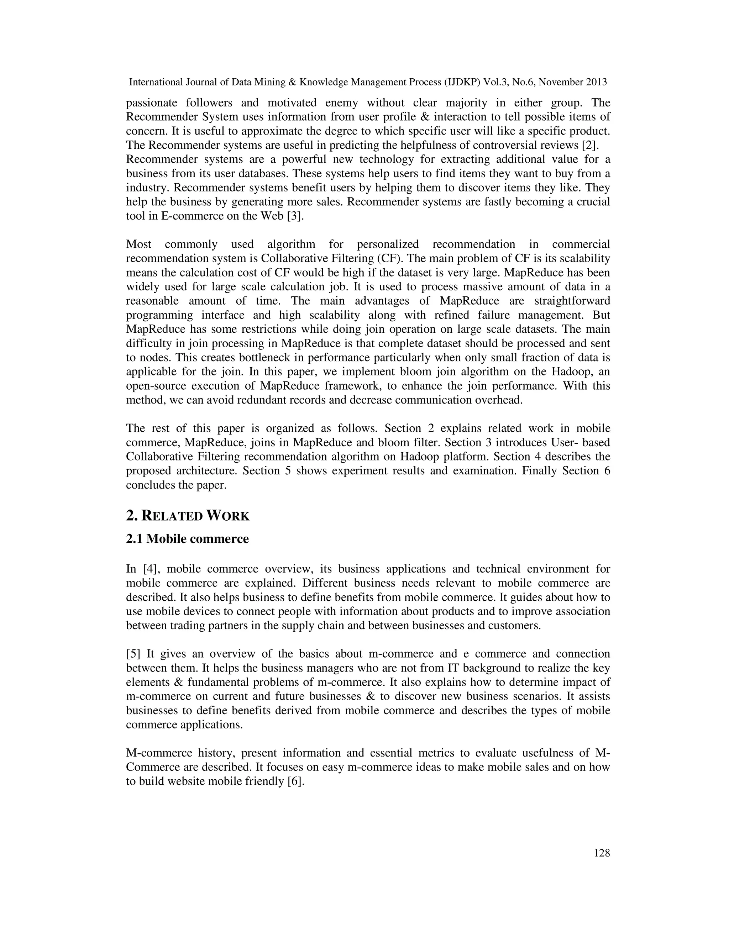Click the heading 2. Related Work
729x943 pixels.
pyautogui.click(x=188, y=516)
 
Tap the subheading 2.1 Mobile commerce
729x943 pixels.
pyautogui.click(x=188, y=539)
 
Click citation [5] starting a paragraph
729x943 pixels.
pyautogui.click(x=134, y=654)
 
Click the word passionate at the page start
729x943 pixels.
pyautogui.click(x=152, y=103)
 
